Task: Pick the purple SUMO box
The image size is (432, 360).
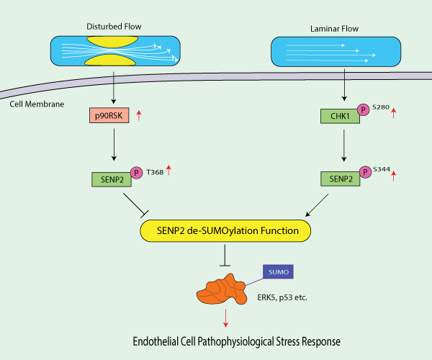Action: [275, 272]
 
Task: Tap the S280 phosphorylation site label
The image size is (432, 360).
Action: [381, 107]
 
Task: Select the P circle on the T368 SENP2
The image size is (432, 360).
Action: [135, 174]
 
